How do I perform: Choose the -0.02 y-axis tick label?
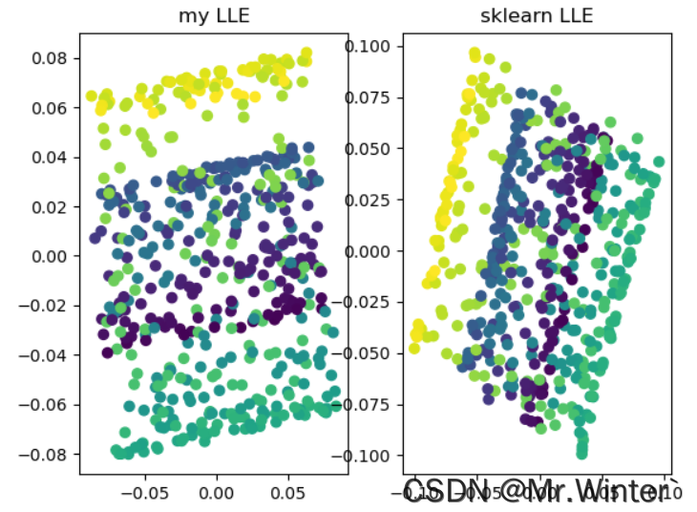tap(49, 306)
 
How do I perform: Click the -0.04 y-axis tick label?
tap(49, 355)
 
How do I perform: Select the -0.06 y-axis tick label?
tap(49, 405)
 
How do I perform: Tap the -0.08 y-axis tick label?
tap(49, 455)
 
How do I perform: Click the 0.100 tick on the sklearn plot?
tap(371, 46)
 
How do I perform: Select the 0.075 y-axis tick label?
tap(371, 97)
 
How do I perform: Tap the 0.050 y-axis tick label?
tap(371, 148)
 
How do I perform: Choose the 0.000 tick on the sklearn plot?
tap(371, 250)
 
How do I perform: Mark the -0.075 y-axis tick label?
tap(367, 404)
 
